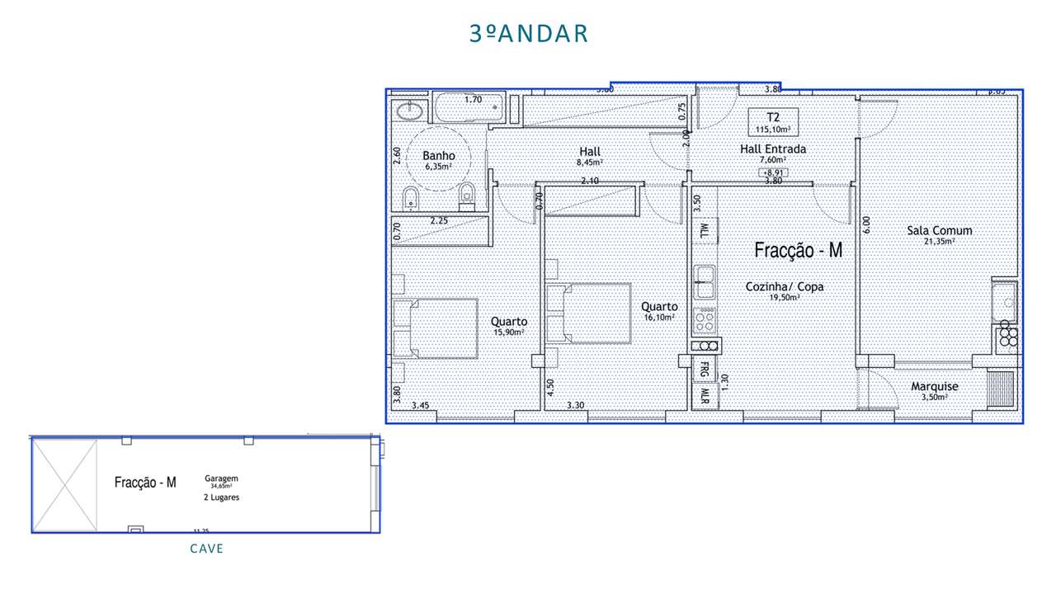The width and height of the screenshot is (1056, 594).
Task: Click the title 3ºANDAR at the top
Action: click(529, 34)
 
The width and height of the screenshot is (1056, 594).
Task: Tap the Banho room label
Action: click(439, 155)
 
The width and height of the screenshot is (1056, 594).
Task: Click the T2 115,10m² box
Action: click(773, 122)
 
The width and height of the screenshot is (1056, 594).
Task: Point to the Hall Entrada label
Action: click(772, 149)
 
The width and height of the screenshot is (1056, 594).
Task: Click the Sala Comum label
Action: click(939, 231)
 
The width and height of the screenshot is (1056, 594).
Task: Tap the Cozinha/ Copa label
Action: click(784, 287)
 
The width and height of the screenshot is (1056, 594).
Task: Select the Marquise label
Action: click(934, 387)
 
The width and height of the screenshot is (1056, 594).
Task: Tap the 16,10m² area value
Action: click(659, 317)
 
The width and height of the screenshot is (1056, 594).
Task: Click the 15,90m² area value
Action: click(509, 332)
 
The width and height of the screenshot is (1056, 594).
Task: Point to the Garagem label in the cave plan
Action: click(222, 478)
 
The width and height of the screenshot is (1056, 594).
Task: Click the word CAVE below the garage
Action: click(206, 549)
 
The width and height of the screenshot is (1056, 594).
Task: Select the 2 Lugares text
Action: click(222, 497)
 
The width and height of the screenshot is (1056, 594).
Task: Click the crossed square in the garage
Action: click(64, 484)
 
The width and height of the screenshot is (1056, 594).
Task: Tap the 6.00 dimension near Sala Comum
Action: click(866, 222)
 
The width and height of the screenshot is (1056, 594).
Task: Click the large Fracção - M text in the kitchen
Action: click(799, 251)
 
